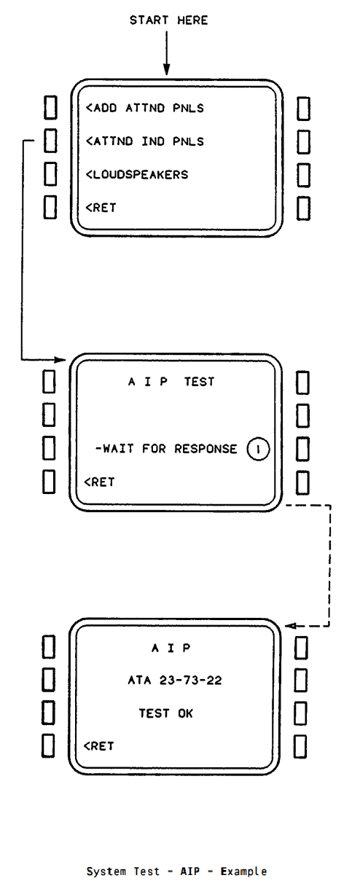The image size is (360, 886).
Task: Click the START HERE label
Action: [x=169, y=20]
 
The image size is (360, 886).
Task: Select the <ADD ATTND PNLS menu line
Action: [x=145, y=108]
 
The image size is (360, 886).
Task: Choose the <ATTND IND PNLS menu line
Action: [x=145, y=141]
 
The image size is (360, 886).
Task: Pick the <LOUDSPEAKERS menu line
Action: [x=137, y=174]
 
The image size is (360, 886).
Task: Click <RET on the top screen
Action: [x=101, y=208]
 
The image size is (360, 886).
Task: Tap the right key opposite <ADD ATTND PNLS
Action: [x=303, y=109]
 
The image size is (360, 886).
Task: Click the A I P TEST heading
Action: [x=171, y=382]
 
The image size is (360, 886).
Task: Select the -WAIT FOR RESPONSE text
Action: [x=166, y=449]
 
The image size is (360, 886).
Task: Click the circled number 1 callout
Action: [x=258, y=449]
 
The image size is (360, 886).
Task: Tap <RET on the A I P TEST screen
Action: [x=100, y=482]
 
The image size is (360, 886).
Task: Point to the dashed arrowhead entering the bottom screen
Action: [x=291, y=626]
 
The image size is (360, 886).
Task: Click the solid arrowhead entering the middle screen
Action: [x=60, y=359]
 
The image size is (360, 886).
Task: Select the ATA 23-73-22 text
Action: [x=175, y=681]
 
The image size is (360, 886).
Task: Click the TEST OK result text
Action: [x=165, y=713]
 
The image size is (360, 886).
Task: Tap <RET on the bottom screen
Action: [x=99, y=746]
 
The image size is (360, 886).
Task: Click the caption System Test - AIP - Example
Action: [x=177, y=871]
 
